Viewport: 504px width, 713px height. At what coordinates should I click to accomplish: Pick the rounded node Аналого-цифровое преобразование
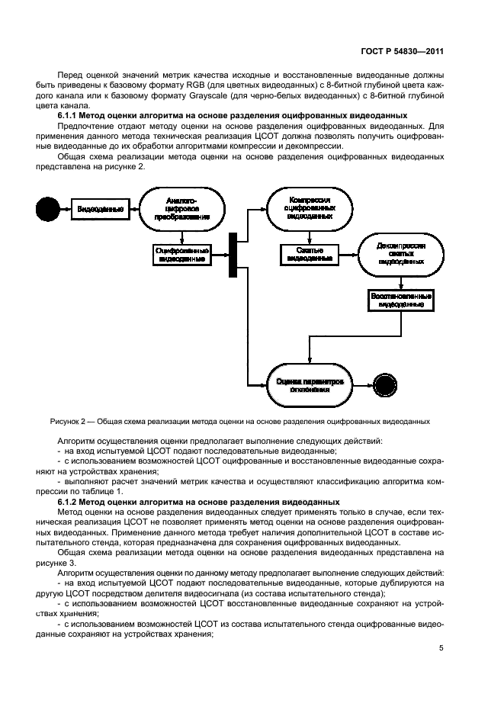181,208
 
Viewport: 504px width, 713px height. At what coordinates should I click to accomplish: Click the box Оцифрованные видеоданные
181,254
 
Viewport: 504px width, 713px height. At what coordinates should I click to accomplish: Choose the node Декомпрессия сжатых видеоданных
401,254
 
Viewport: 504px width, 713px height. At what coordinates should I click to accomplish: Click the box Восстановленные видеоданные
401,300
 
